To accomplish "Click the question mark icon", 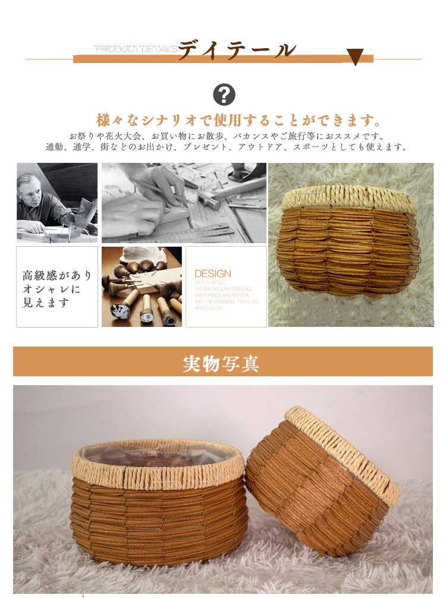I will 224,95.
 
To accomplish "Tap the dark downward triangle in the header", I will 355,57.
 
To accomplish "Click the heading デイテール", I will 237,49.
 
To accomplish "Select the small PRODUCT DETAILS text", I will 136,49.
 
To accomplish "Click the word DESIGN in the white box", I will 213,273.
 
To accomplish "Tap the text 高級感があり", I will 57,276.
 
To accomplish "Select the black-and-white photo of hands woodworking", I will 184,203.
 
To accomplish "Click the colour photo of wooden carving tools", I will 142,287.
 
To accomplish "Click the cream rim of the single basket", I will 350,199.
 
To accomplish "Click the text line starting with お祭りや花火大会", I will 227,136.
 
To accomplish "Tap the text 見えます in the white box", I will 46,303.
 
